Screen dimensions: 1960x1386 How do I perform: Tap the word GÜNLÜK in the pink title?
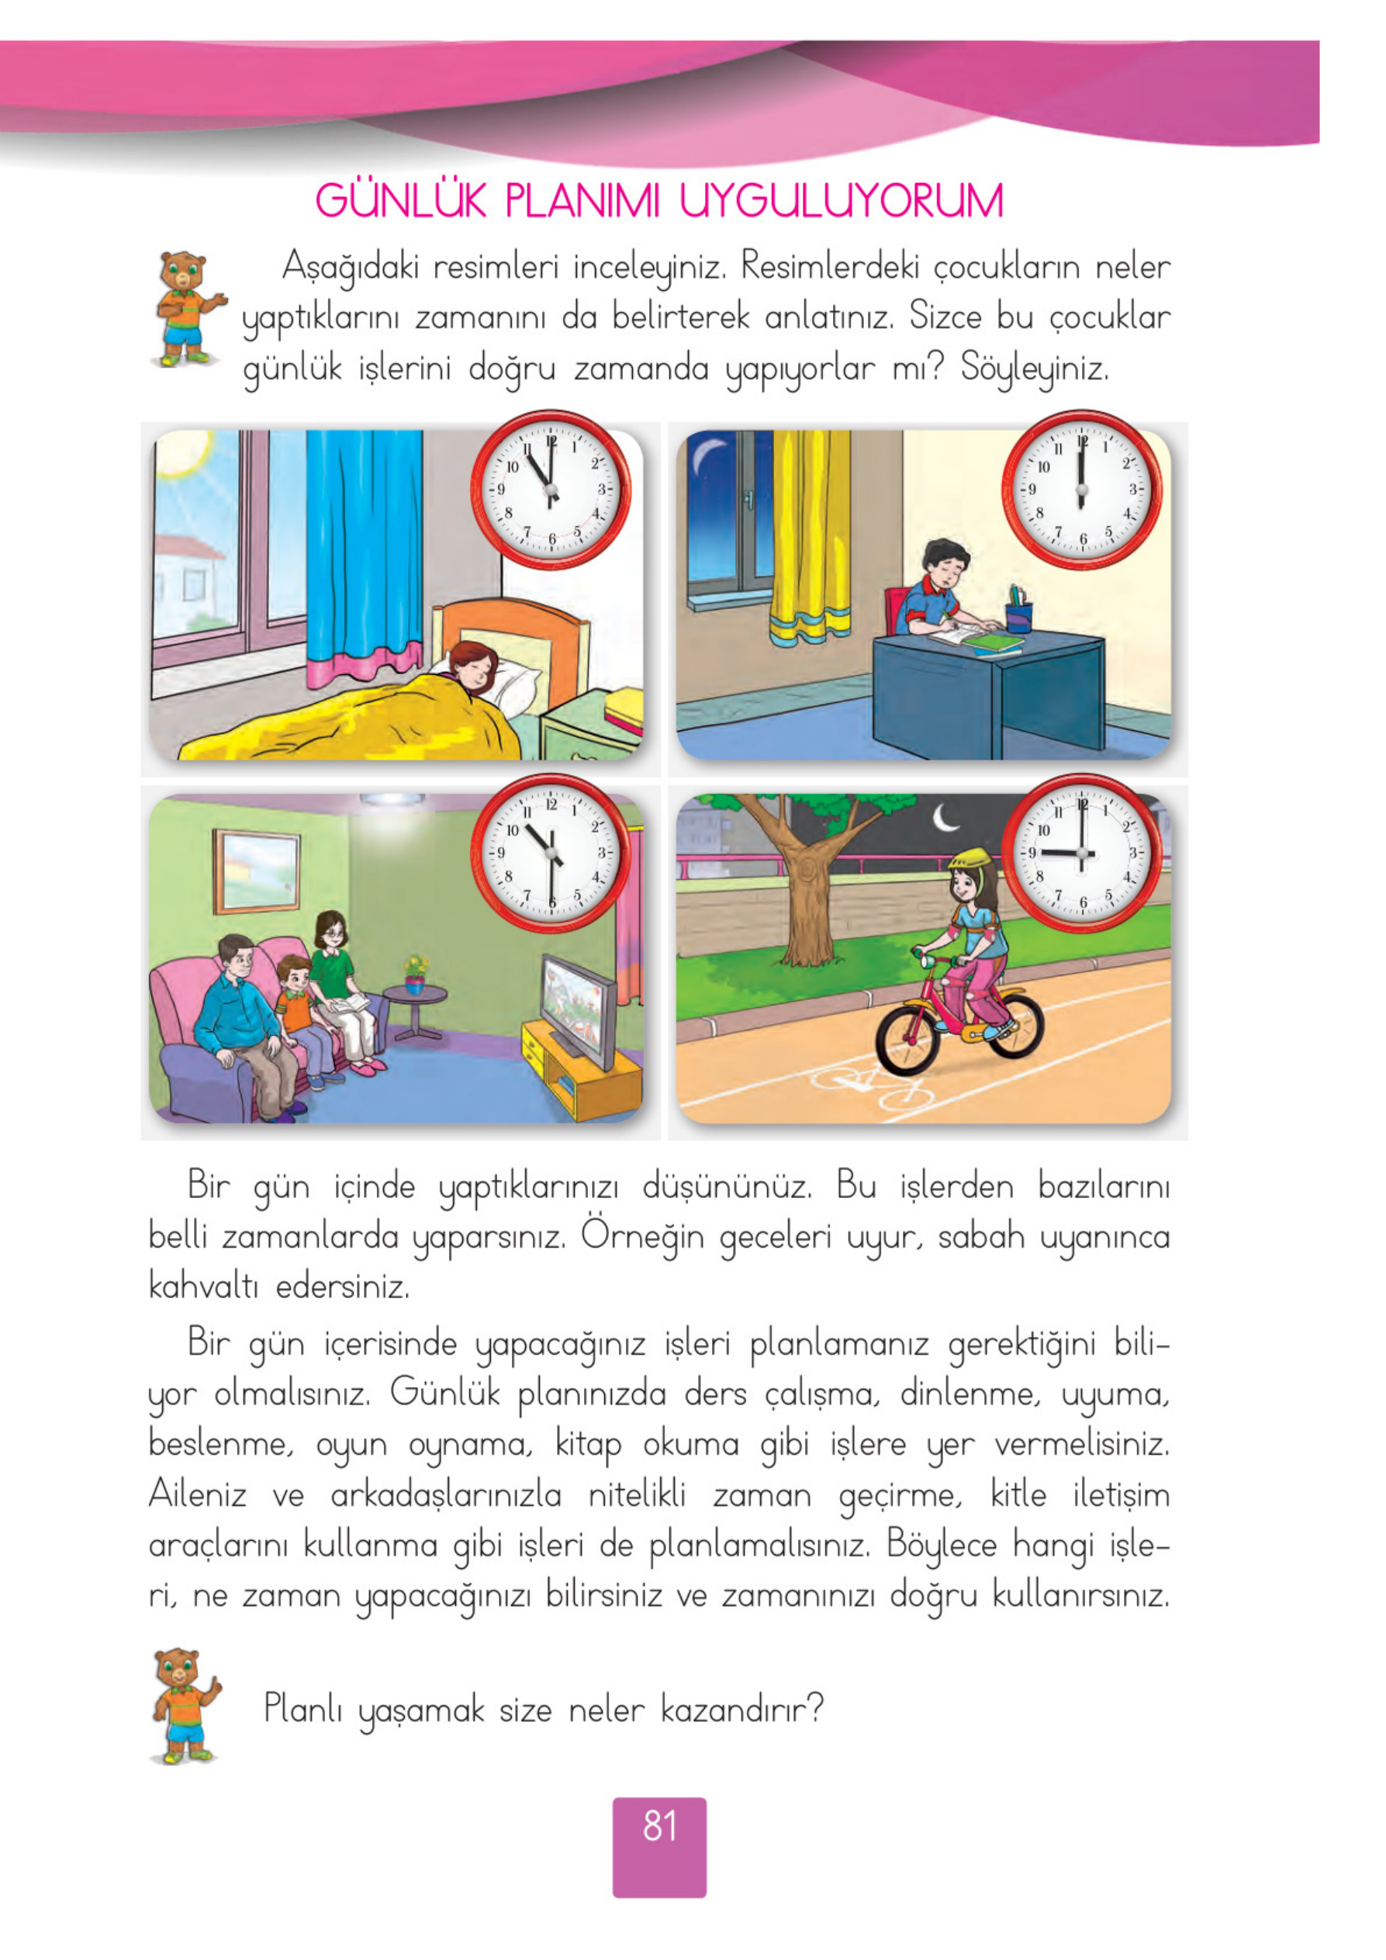(400, 202)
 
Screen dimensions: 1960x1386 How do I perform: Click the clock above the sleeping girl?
(551, 490)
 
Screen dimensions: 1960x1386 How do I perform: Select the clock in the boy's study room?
(1081, 490)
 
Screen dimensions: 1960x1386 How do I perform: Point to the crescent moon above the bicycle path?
(945, 819)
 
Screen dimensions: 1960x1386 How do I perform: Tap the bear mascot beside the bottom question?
(184, 1707)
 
